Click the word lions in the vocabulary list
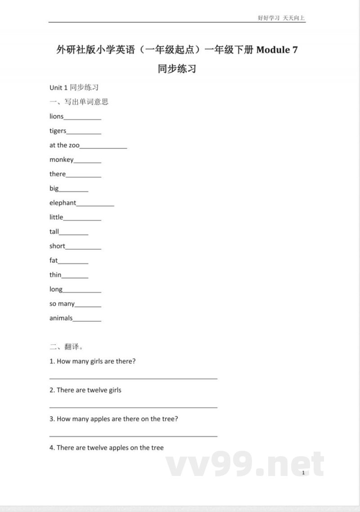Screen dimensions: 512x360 pos(56,116)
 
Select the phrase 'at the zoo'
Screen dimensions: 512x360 pos(64,145)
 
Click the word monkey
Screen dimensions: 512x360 pos(61,159)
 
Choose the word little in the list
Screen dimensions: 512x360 pos(56,217)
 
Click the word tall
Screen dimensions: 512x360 pos(54,231)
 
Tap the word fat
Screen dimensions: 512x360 pos(54,260)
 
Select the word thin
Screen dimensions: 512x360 pos(55,275)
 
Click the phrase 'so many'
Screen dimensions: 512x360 pos(62,304)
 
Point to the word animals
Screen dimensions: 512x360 pos(61,318)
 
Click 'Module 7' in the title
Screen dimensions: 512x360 pos(277,50)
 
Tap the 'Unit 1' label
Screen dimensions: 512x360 pos(58,87)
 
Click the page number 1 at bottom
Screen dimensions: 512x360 pos(304,472)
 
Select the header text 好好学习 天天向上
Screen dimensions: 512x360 pos(281,18)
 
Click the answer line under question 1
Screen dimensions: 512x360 pos(133,378)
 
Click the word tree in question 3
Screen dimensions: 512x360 pos(168,419)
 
